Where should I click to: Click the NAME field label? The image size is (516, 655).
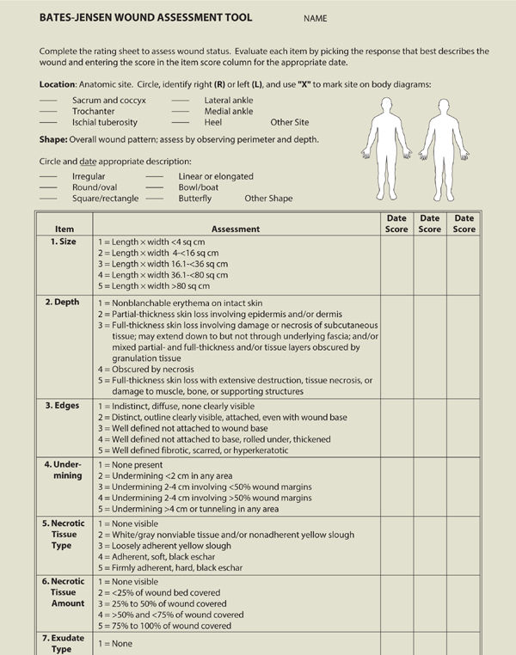315,19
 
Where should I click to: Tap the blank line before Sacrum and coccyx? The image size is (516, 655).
49,101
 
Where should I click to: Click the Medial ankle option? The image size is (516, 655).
228,111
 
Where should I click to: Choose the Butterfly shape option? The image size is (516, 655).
194,199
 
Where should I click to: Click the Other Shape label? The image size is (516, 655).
268,199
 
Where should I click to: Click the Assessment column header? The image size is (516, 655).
235,230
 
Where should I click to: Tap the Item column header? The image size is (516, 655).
64,230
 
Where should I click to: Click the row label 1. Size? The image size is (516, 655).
64,242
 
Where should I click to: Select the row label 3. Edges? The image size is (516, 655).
64,404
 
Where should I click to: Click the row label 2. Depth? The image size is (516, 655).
64,303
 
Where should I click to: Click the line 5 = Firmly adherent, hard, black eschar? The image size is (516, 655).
170,567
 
